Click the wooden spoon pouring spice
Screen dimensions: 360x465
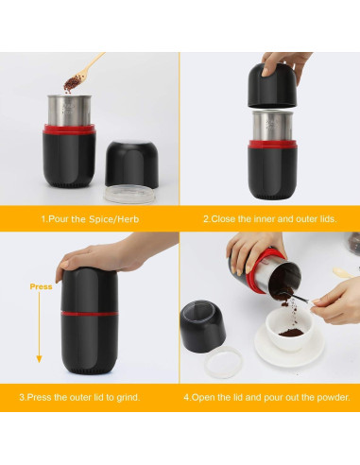tap(84, 71)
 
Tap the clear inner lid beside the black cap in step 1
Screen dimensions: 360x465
tap(129, 194)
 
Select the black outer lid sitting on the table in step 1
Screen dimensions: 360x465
tap(131, 164)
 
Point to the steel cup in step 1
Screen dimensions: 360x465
tap(69, 111)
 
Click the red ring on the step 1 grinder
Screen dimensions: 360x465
tap(69, 129)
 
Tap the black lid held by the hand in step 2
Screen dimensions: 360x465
tap(272, 86)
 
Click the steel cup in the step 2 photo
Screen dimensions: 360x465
tap(273, 126)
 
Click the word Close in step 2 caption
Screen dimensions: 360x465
tap(223, 219)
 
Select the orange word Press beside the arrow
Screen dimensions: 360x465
tap(41, 286)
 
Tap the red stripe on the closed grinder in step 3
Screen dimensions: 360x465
tap(90, 314)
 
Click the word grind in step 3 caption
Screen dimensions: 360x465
tap(128, 397)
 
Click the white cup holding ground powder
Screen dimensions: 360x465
tap(289, 329)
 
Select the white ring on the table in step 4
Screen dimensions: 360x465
tap(223, 362)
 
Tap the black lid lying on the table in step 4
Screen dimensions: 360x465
tap(202, 326)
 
